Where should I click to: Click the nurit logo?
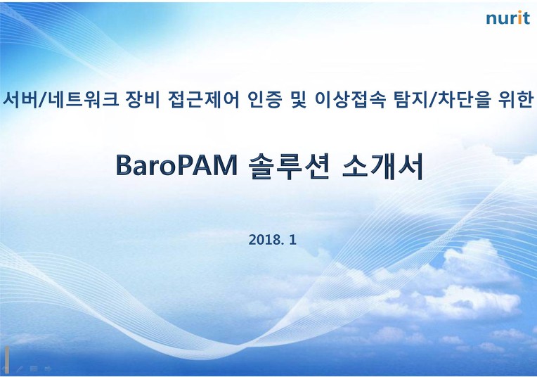coord(508,18)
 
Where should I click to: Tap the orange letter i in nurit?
coord(519,18)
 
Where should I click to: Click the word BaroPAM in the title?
coord(176,165)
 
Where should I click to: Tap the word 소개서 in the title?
coord(382,166)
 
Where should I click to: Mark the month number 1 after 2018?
coord(292,240)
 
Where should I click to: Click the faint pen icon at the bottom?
coord(19,369)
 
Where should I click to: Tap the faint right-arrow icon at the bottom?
coord(48,369)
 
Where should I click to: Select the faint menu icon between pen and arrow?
coord(34,369)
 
